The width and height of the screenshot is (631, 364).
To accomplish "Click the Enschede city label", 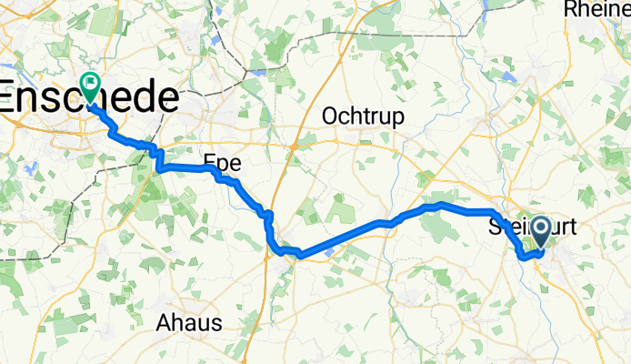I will tap(89, 97).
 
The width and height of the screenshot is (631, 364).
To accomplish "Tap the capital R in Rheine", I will tap(572, 9).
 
